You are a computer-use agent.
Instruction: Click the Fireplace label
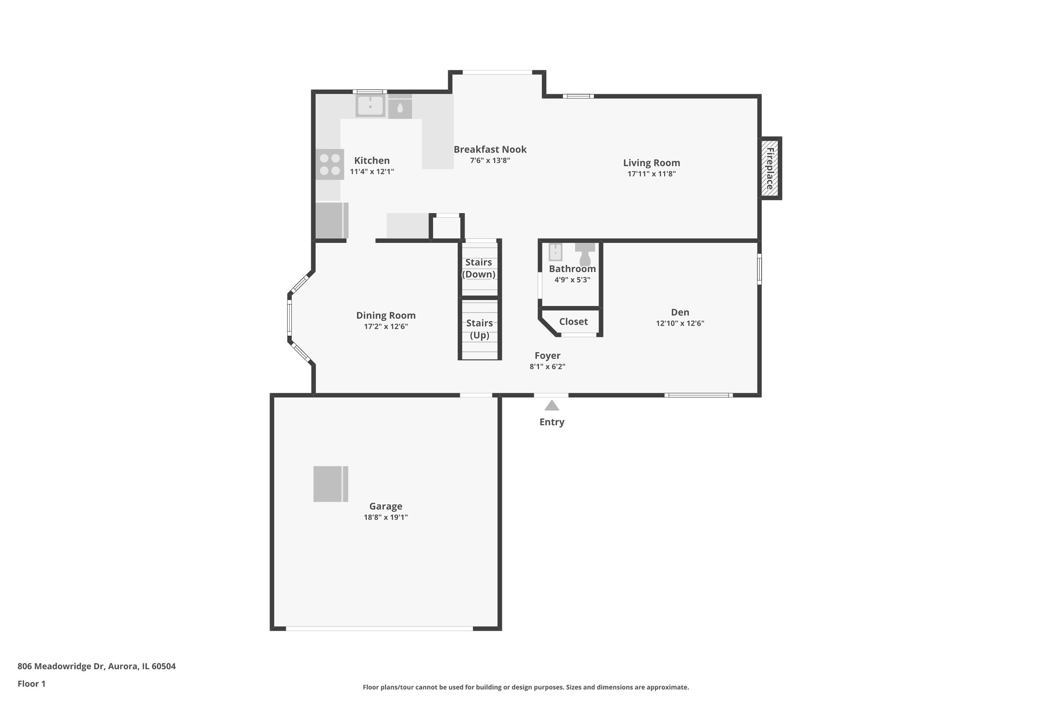tap(770, 168)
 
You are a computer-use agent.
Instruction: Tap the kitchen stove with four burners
tap(330, 164)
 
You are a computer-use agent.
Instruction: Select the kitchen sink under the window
tap(370, 106)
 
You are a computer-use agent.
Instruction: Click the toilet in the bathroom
tap(585, 253)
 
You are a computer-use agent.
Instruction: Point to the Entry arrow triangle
tap(552, 406)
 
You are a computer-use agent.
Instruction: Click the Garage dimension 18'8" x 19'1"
tap(386, 517)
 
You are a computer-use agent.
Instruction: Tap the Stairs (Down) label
tap(479, 268)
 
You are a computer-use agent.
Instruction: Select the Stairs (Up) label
tap(479, 329)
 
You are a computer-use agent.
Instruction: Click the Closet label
tap(573, 321)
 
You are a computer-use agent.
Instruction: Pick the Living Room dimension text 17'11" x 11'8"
tap(651, 174)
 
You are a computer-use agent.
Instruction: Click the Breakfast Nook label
tap(490, 149)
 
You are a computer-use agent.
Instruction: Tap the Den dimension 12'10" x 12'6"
tap(680, 324)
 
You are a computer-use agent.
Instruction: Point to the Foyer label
tap(547, 355)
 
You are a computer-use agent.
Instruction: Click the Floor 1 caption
tap(31, 684)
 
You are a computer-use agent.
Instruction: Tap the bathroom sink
tap(555, 252)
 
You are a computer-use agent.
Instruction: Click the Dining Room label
tap(386, 315)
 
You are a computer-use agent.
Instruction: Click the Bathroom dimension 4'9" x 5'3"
tap(572, 280)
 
